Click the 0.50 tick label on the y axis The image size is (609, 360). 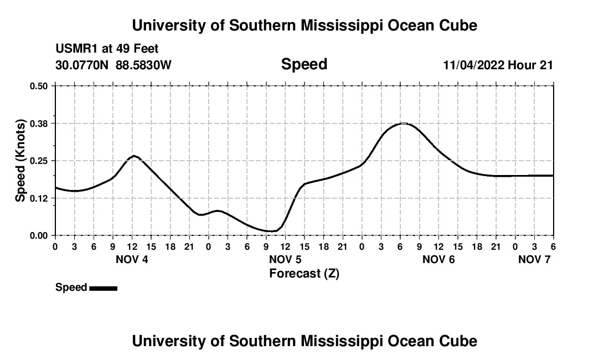click(x=38, y=86)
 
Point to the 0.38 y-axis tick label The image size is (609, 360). click(x=38, y=123)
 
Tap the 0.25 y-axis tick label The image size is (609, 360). click(x=38, y=161)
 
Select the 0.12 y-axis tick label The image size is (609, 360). click(x=38, y=198)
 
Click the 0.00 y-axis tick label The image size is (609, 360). click(x=38, y=235)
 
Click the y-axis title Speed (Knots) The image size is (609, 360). click(x=20, y=160)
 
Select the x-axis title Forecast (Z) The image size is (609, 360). click(x=304, y=273)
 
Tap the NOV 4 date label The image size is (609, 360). click(x=132, y=259)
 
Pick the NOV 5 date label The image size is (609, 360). click(x=285, y=259)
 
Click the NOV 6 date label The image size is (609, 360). click(x=438, y=259)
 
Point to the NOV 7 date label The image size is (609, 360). click(x=534, y=259)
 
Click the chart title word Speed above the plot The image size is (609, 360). click(x=304, y=64)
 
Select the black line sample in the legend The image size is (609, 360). click(x=103, y=288)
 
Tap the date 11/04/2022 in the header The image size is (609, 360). click(x=473, y=65)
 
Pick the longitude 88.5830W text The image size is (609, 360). click(x=144, y=65)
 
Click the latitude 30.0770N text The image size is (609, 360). click(x=83, y=65)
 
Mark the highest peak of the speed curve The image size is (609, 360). click(x=404, y=123)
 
